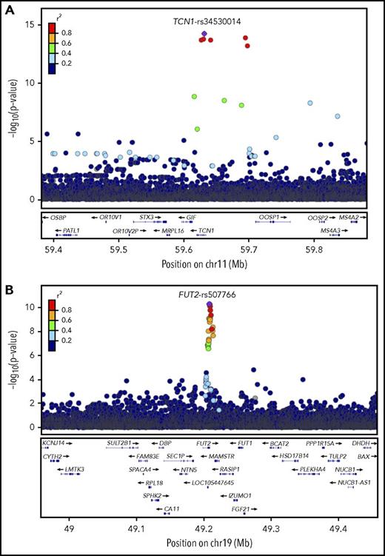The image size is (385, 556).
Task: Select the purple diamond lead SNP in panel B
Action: click(210, 304)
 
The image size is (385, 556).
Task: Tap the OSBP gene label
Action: click(60, 218)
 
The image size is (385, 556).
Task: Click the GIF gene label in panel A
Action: click(192, 218)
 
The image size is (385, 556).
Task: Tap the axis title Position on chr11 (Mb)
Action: click(204, 263)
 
